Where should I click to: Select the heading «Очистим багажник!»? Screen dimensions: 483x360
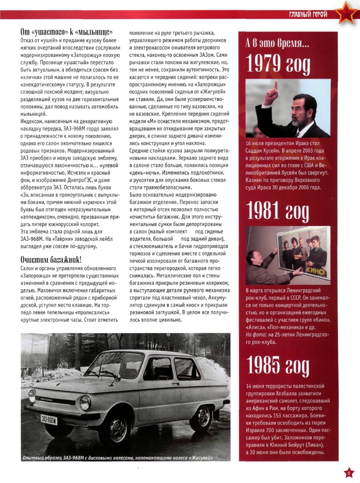click(x=51, y=258)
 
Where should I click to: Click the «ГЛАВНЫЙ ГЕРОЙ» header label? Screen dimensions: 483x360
click(x=308, y=15)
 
